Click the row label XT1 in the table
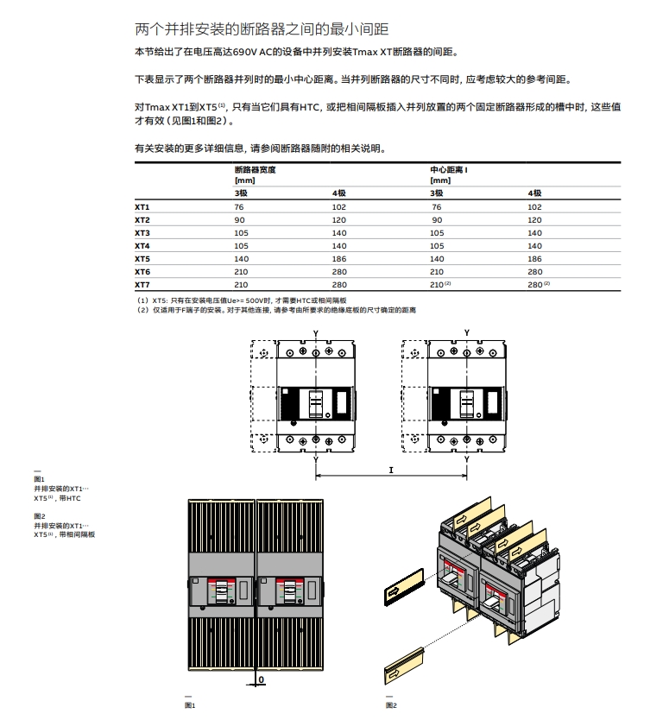tap(142, 207)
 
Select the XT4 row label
tap(142, 245)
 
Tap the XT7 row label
tap(142, 284)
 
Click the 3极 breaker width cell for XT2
tap(240, 220)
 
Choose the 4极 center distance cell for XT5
tap(535, 258)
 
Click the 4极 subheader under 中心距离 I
tap(534, 193)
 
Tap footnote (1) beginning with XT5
tap(250, 300)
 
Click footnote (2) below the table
tap(275, 309)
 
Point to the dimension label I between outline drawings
tap(391, 470)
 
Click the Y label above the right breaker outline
tap(467, 332)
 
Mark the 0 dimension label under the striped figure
tap(262, 679)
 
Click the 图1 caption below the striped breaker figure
tap(191, 704)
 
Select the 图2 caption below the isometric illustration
tap(391, 704)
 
